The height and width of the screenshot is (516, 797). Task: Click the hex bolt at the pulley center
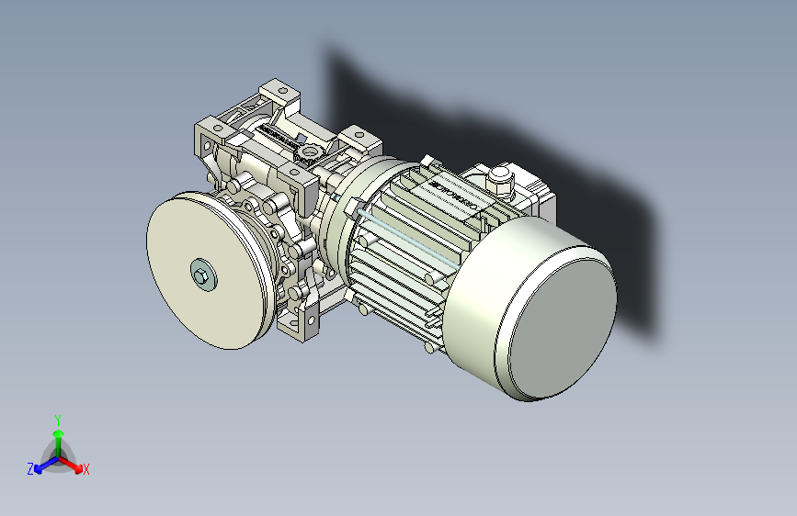click(x=201, y=274)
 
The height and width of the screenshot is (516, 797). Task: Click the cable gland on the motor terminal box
click(x=501, y=178)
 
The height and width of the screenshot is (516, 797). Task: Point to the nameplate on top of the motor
click(x=454, y=192)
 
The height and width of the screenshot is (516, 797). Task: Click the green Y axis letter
click(x=58, y=419)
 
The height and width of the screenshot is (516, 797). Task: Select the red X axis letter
click(x=86, y=470)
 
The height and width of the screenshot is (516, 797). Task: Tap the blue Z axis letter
click(x=30, y=469)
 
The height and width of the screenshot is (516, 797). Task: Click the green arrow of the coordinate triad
click(x=58, y=436)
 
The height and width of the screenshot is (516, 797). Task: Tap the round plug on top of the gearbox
click(x=310, y=151)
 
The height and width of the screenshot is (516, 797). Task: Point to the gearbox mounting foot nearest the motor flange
click(x=359, y=140)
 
